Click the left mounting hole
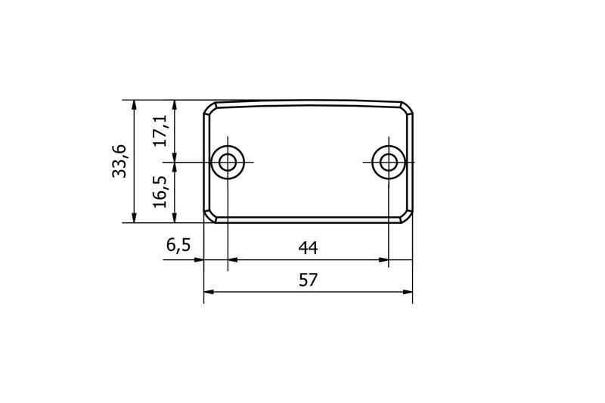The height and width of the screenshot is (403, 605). pyautogui.click(x=227, y=162)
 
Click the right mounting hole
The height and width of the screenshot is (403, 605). pyautogui.click(x=388, y=162)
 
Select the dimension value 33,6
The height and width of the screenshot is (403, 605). pyautogui.click(x=119, y=161)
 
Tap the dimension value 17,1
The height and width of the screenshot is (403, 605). pyautogui.click(x=160, y=131)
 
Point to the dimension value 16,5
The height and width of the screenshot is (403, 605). pyautogui.click(x=160, y=192)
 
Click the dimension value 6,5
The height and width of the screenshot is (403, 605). pyautogui.click(x=178, y=246)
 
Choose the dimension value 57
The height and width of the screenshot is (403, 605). pyautogui.click(x=308, y=279)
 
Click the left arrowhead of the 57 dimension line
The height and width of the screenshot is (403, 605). pyautogui.click(x=209, y=291)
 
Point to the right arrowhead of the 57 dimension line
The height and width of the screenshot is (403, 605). pyautogui.click(x=408, y=291)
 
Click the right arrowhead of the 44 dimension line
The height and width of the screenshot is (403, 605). pyautogui.click(x=383, y=259)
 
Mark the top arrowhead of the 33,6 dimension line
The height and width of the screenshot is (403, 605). pyautogui.click(x=133, y=104)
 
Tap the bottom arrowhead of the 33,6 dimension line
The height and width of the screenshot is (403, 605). pyautogui.click(x=133, y=219)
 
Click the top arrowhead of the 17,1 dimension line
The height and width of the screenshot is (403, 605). pyautogui.click(x=175, y=104)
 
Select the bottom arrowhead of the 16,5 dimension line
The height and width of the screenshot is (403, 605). pyautogui.click(x=175, y=219)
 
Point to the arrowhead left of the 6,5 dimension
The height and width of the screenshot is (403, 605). pyautogui.click(x=200, y=259)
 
